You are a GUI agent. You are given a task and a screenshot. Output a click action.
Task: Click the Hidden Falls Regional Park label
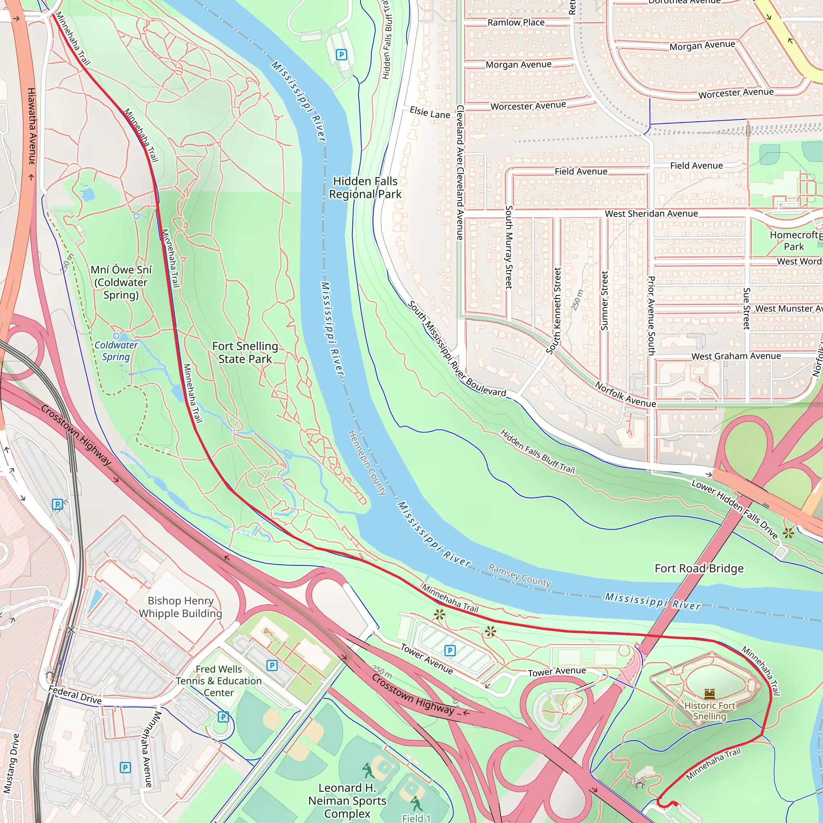tap(365, 188)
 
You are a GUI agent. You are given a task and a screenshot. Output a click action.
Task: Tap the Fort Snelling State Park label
tap(245, 352)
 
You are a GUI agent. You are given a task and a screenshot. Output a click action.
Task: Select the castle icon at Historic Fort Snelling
tap(709, 694)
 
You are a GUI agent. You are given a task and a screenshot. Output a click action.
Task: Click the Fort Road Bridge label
tap(699, 568)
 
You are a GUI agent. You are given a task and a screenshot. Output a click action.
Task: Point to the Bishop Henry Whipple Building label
tap(180, 607)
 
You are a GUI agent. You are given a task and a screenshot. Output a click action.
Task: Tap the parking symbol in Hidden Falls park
tap(341, 55)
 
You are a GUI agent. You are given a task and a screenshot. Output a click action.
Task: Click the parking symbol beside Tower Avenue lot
tap(450, 651)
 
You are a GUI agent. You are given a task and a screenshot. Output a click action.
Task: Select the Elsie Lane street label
tap(430, 113)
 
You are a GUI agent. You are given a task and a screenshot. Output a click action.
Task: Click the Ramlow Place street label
tap(516, 23)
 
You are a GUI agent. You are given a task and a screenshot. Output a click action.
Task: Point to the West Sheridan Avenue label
tap(651, 213)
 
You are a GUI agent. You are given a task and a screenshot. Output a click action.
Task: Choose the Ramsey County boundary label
tap(519, 575)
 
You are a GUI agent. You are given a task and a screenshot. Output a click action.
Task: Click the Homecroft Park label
tap(794, 241)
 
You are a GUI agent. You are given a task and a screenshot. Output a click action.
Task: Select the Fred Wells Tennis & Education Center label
tap(219, 681)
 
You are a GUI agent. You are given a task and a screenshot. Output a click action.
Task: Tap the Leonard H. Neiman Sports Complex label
tap(347, 800)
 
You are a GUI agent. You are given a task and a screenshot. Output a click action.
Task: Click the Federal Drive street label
tap(75, 695)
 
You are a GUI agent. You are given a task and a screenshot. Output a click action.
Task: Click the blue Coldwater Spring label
tap(116, 351)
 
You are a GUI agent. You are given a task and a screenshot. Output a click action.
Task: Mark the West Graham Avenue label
tap(736, 356)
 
